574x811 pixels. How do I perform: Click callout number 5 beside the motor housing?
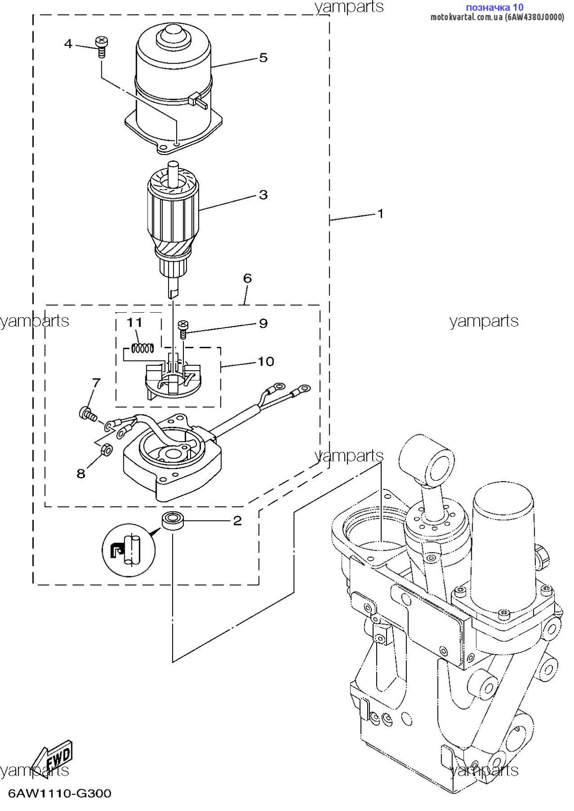coord(263,58)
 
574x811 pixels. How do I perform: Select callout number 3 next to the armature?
coord(263,195)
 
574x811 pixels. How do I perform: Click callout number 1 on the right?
coord(380,213)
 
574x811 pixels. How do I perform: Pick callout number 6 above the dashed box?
coord(247,278)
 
